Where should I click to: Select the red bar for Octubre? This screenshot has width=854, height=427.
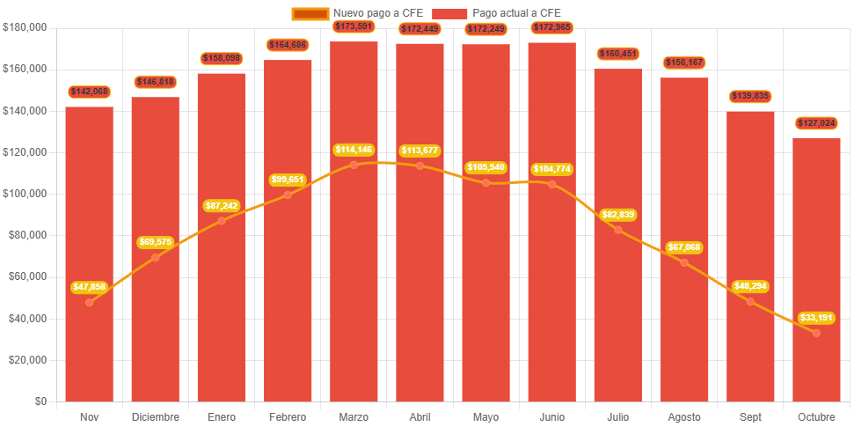tap(816, 282)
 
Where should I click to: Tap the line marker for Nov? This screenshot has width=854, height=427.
tap(90, 302)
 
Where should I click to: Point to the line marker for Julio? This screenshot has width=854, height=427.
tap(618, 230)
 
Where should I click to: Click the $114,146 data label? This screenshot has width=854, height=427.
tap(354, 150)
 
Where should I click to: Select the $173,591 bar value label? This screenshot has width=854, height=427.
tap(354, 26)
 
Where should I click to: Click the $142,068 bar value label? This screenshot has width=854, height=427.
tap(89, 92)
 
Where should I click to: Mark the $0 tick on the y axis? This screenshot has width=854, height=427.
tap(41, 401)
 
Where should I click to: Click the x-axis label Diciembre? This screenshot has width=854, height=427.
tap(156, 416)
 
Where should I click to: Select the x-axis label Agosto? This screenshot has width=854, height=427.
tap(684, 416)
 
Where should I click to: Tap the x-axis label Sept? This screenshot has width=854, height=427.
tap(750, 416)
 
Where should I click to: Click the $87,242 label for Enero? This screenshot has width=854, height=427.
tap(221, 205)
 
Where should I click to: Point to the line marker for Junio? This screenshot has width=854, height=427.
tap(552, 184)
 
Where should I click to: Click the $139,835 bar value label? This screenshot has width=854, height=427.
tap(750, 96)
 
